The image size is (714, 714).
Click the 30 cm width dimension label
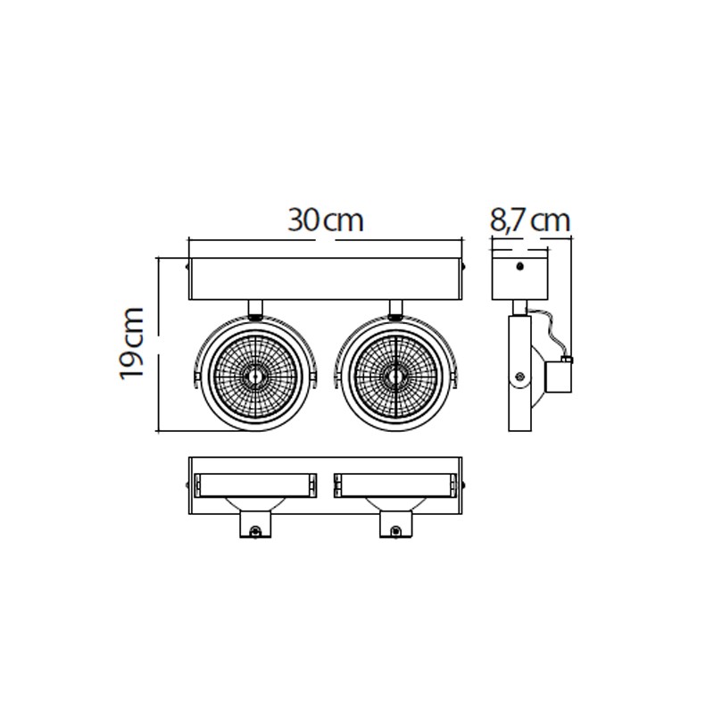[325, 220]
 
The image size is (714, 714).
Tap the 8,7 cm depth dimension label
[529, 220]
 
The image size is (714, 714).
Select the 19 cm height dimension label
[131, 344]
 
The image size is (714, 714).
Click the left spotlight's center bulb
[255, 376]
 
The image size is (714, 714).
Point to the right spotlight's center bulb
[394, 376]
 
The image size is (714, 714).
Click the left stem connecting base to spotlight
[255, 308]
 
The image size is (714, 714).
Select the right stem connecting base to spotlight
[395, 308]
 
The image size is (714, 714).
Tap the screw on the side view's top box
[520, 266]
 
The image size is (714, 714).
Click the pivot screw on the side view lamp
[519, 377]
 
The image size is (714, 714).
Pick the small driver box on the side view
[559, 376]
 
